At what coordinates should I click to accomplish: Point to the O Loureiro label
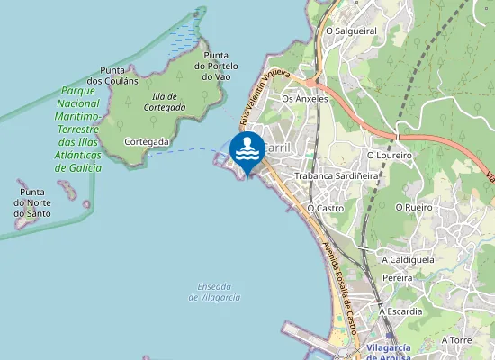389,156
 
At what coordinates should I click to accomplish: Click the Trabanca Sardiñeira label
337,176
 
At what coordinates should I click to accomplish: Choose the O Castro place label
326,208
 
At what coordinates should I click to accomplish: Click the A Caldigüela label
408,259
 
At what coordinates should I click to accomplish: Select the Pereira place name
397,278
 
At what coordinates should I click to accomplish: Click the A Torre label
456,340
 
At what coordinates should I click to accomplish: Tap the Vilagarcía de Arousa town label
378,352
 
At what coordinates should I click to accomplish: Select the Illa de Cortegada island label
164,102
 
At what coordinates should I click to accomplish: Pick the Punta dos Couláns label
119,75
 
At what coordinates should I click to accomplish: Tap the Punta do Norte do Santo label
32,203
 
